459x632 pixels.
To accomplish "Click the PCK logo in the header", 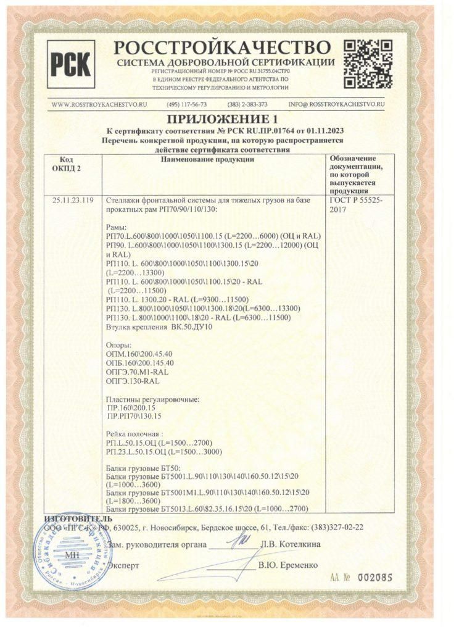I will coord(72,63).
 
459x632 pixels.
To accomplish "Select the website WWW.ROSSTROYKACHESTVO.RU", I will coord(99,104).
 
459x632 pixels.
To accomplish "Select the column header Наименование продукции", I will coord(212,160).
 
